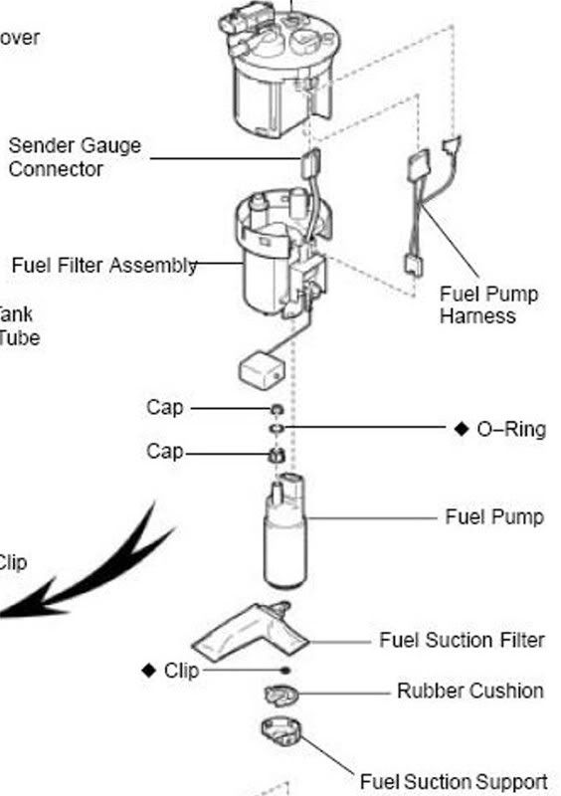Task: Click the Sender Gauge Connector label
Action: (75, 157)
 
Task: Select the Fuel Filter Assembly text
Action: (103, 266)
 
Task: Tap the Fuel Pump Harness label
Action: (488, 305)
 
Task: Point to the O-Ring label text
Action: (511, 429)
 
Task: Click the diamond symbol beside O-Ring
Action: (461, 429)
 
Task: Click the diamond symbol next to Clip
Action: (149, 671)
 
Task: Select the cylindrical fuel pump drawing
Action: (284, 537)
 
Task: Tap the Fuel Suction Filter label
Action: (462, 640)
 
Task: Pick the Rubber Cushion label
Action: (469, 691)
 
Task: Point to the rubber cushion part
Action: (281, 694)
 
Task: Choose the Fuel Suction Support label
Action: (453, 782)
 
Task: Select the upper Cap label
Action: (165, 407)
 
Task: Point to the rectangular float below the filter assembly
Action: (263, 371)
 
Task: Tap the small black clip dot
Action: (285, 671)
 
